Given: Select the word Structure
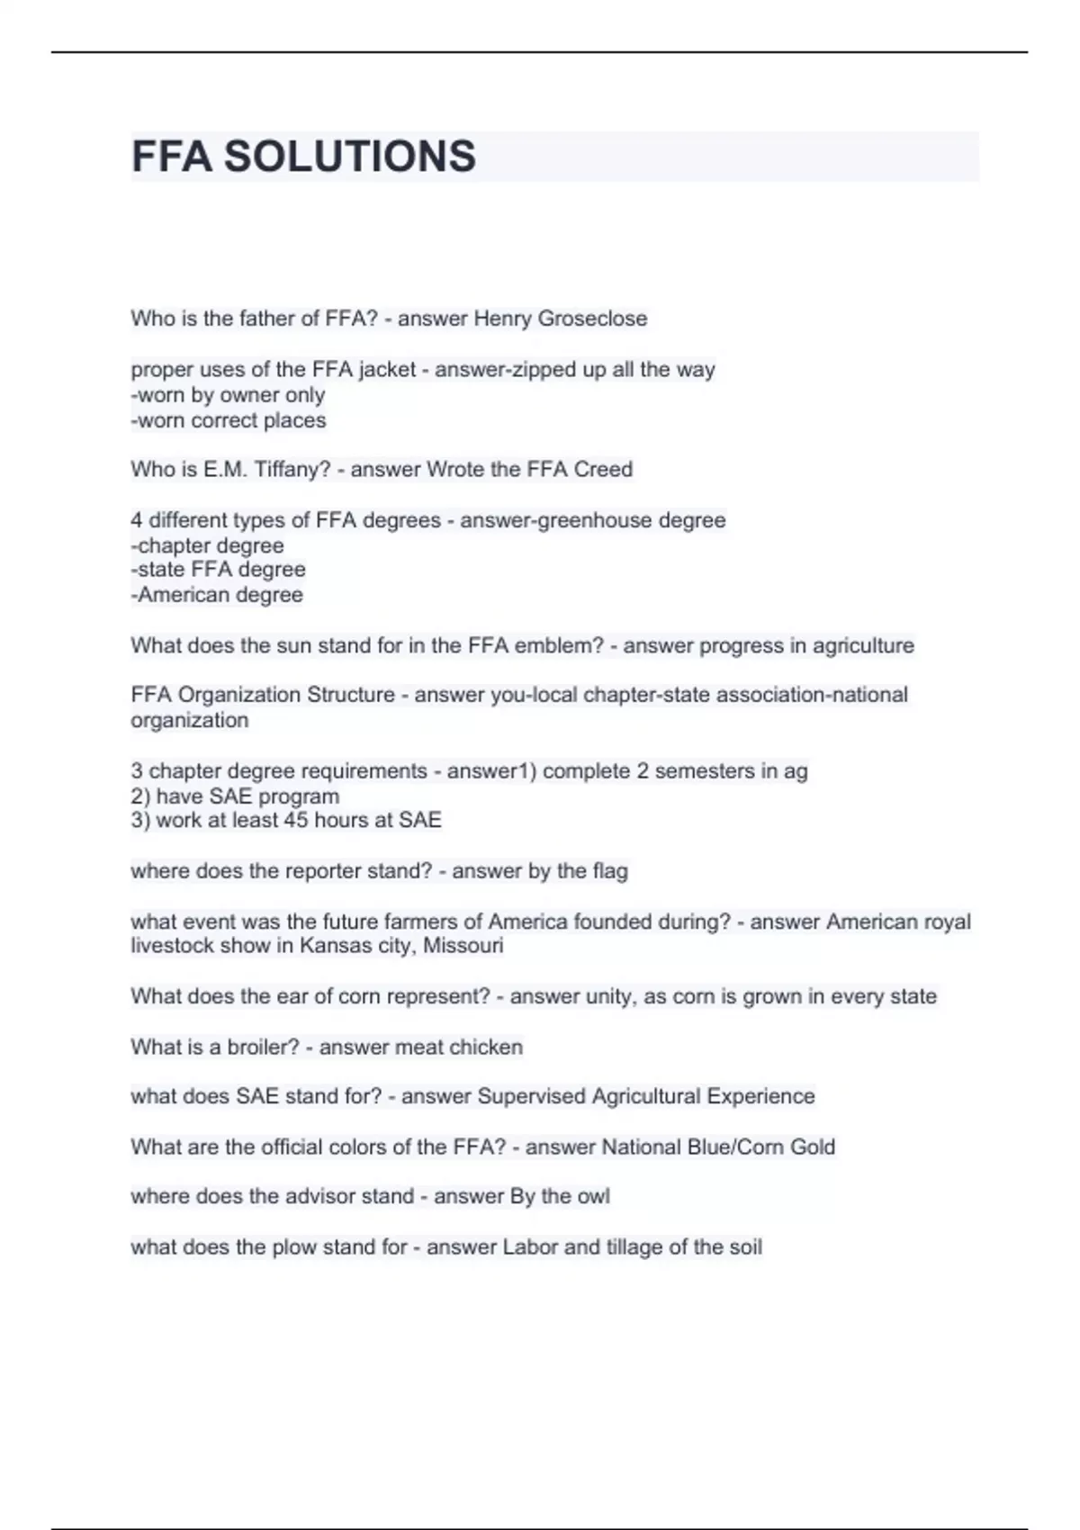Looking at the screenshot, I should click(x=351, y=695).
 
